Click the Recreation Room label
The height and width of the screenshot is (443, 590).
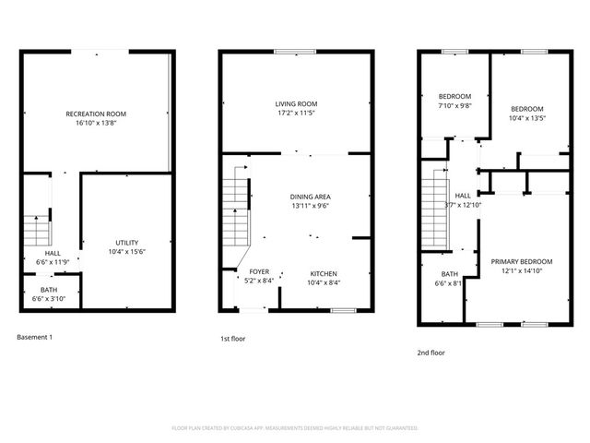tap(96, 118)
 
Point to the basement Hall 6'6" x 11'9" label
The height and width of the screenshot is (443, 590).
tap(53, 257)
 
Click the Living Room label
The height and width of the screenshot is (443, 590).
tap(296, 108)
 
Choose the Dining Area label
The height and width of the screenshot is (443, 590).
tap(310, 201)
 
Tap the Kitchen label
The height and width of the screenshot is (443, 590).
tap(323, 278)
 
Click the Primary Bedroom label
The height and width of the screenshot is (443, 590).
tap(517, 266)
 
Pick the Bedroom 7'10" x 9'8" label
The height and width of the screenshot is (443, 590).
tap(454, 101)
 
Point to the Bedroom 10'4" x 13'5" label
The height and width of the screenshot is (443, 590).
tap(526, 113)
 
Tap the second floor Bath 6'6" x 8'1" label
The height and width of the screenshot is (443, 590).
tap(449, 279)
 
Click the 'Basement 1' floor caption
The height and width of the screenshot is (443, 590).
tap(35, 337)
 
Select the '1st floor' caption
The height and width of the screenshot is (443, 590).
tap(232, 339)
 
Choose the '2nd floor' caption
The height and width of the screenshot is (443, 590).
tap(431, 352)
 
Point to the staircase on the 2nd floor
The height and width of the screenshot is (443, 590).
tap(434, 210)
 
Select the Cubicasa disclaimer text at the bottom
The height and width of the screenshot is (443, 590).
tap(295, 428)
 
